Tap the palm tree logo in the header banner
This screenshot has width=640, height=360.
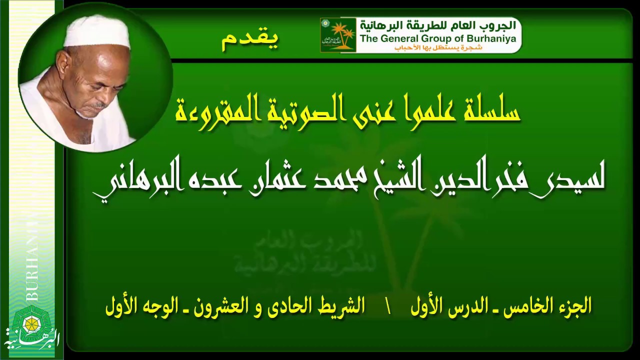(338, 35)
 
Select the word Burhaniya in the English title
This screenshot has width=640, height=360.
(492, 38)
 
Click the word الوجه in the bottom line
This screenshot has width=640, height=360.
(158, 305)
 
